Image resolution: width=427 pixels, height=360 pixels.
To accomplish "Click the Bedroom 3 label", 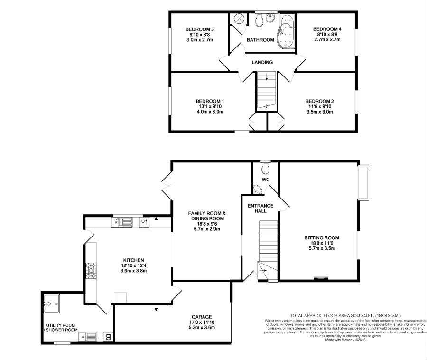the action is [200, 29].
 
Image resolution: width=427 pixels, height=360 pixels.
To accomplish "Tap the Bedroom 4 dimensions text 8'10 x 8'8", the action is [327, 34].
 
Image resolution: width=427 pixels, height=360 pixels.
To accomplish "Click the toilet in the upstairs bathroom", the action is [260, 20].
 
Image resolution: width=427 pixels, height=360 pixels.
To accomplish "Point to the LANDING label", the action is [262, 62].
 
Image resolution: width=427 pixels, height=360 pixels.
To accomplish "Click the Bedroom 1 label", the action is [210, 101].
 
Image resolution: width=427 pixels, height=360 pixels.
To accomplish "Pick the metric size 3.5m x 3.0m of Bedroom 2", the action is [320, 112].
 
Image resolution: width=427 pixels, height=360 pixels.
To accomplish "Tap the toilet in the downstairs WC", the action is [266, 168].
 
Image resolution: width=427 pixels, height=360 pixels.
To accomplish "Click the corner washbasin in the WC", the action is [257, 189].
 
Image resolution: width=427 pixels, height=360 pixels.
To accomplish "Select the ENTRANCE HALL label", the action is [260, 208].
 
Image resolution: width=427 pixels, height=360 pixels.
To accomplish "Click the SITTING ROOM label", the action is [322, 237].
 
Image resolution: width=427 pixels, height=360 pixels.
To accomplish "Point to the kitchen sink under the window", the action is [122, 222].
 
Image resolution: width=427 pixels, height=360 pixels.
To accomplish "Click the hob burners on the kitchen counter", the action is [91, 270].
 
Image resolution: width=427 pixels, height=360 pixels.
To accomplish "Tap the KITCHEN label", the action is [133, 260].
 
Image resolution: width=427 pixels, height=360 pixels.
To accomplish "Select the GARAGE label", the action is [202, 317].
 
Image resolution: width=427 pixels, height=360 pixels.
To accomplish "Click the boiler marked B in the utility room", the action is [108, 337].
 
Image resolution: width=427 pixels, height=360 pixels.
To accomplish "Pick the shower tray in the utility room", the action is [51, 303].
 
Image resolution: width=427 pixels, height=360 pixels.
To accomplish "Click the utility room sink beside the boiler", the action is [87, 337].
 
